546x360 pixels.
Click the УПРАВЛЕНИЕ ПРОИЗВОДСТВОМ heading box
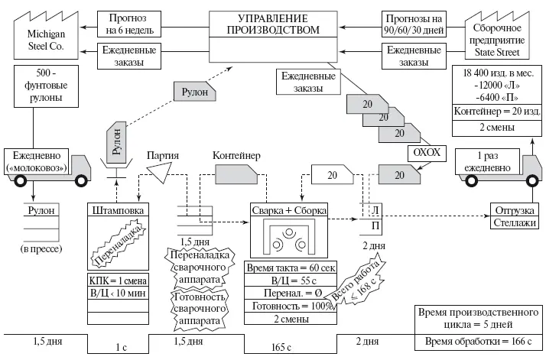click(x=274, y=23)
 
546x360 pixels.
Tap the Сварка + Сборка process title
click(x=282, y=209)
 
